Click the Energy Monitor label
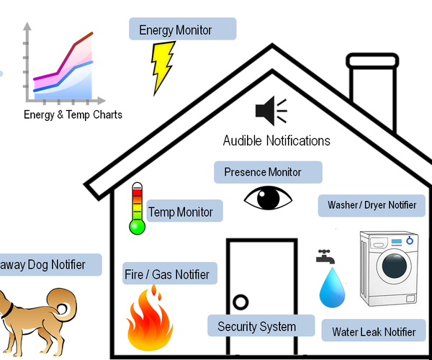coord(182,30)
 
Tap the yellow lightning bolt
coord(163,67)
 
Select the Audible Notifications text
coord(276,140)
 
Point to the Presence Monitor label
coord(268,173)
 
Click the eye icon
coord(268,198)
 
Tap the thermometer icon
coord(137,209)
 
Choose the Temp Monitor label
coord(184,212)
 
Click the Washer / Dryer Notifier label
coord(372,205)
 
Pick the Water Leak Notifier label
coord(374,332)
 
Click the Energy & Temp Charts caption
coord(73,114)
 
